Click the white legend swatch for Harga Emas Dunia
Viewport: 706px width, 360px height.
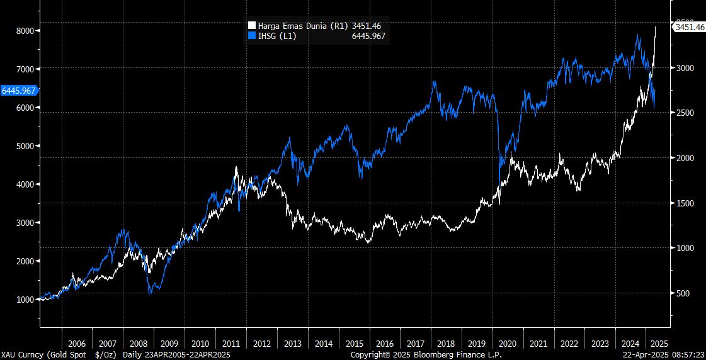[x=252, y=26]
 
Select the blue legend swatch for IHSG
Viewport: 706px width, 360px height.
[x=252, y=37]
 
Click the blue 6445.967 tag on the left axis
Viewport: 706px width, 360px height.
[x=19, y=91]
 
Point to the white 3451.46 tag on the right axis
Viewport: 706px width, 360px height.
[x=689, y=28]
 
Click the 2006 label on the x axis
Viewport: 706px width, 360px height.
[x=76, y=344]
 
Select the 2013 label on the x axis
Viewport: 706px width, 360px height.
[x=292, y=344]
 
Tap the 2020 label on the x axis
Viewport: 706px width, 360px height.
[x=508, y=344]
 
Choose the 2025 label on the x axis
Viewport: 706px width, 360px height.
[x=658, y=344]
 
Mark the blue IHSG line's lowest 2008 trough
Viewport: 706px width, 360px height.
[x=151, y=294]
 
